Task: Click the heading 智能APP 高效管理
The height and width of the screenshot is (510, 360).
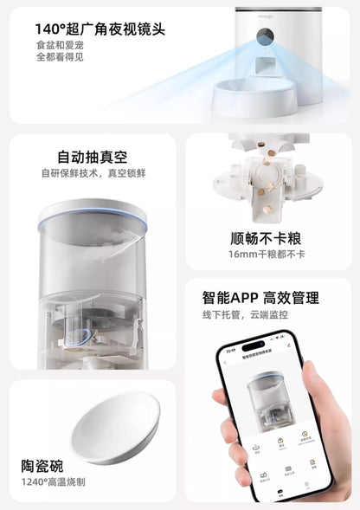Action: [x=268, y=298]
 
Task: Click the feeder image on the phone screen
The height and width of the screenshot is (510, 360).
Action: [x=269, y=402]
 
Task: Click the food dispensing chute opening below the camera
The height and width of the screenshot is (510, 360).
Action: [x=263, y=64]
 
